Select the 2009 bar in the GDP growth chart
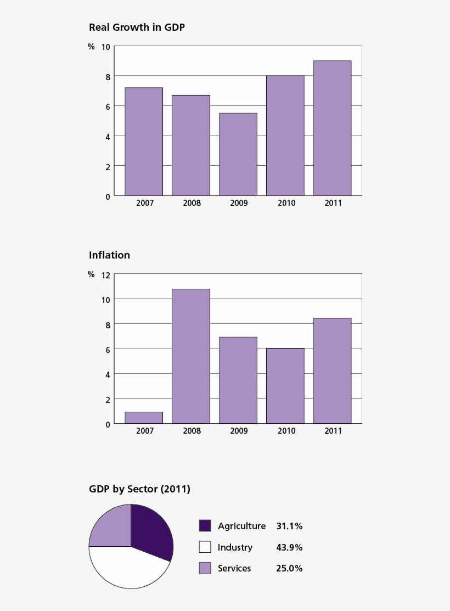(x=238, y=154)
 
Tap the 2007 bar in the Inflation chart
(x=144, y=418)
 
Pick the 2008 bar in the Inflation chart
(x=191, y=356)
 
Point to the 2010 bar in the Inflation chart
(x=285, y=386)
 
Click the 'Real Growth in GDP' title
(x=137, y=27)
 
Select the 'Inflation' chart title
(x=109, y=255)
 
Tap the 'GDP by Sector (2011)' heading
(x=139, y=489)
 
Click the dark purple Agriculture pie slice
(x=151, y=531)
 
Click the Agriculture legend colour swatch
(x=205, y=526)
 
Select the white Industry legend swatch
(x=205, y=547)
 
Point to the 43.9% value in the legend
(x=289, y=547)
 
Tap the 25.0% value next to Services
(x=289, y=569)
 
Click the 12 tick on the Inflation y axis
(x=105, y=274)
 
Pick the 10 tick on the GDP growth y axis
(x=105, y=47)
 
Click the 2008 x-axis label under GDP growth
(x=192, y=203)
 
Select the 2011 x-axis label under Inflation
(x=333, y=431)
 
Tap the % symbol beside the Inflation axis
(x=91, y=274)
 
